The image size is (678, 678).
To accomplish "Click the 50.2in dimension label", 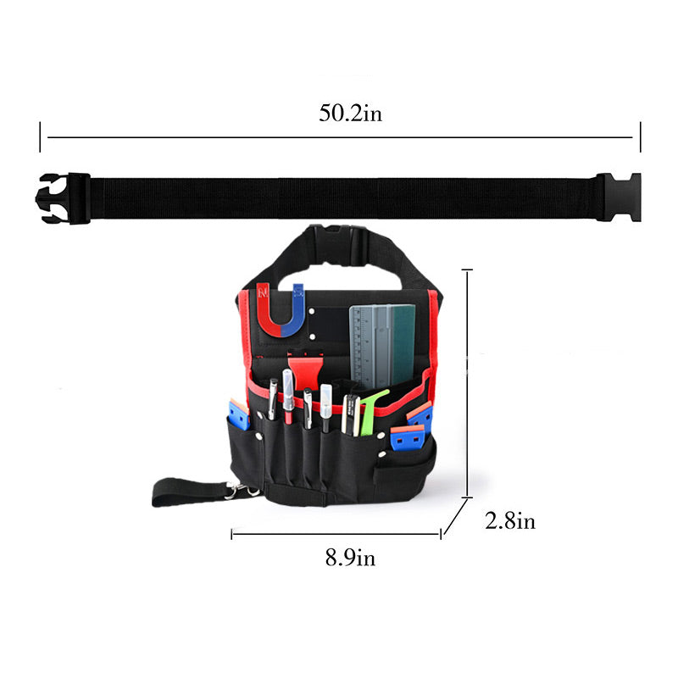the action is [350, 113].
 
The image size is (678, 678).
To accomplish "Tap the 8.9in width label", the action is [350, 558].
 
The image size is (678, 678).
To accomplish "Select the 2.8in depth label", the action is [510, 520].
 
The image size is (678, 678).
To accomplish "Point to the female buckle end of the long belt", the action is [619, 197].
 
